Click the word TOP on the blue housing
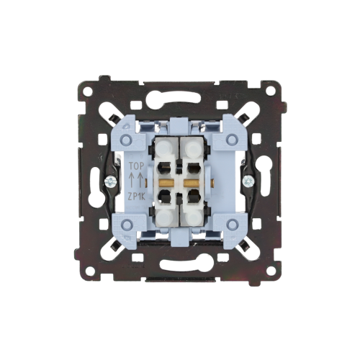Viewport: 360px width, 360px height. [x=137, y=166]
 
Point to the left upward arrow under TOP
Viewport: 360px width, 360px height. [x=132, y=179]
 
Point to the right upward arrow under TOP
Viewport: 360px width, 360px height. [x=141, y=179]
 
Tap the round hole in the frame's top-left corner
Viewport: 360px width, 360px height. [x=89, y=91]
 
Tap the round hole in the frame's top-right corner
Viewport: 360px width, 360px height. [x=271, y=91]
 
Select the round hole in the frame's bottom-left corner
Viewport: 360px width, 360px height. [x=89, y=272]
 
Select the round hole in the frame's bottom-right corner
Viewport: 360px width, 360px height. [x=271, y=272]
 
